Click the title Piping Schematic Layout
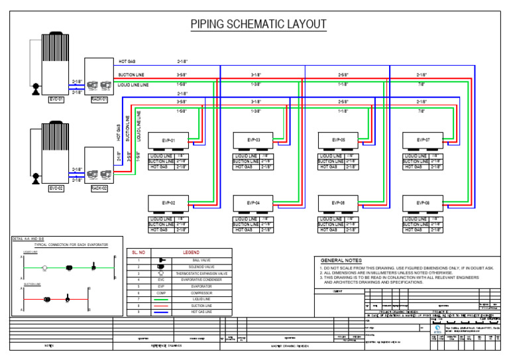coord(258,25)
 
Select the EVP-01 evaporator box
coord(168,141)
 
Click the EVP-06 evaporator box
coord(338,203)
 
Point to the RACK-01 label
coord(99,99)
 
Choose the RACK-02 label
coord(99,188)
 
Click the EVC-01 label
coord(56,99)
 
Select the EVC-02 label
coord(56,188)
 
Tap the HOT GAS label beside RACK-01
coord(127,61)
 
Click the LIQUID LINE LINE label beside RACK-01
coord(133,85)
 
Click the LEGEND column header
coord(191,253)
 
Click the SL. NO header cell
coord(139,253)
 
